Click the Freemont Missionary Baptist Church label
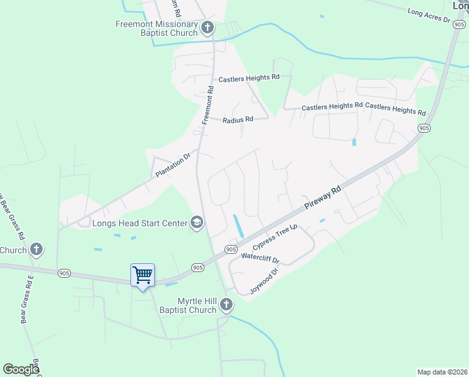pos(156,29)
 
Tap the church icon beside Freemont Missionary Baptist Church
pos(208,28)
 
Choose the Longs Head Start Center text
pos(140,223)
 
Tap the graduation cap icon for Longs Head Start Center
pos(197,223)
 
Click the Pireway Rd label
pos(323,197)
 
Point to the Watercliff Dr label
pos(260,258)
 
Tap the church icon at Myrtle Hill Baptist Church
pos(226,305)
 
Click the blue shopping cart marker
pos(143,275)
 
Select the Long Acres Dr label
pos(429,15)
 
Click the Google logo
pos(21,369)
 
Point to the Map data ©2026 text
pos(441,372)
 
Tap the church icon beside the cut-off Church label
pos(36,250)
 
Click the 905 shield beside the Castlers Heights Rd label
pos(424,128)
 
